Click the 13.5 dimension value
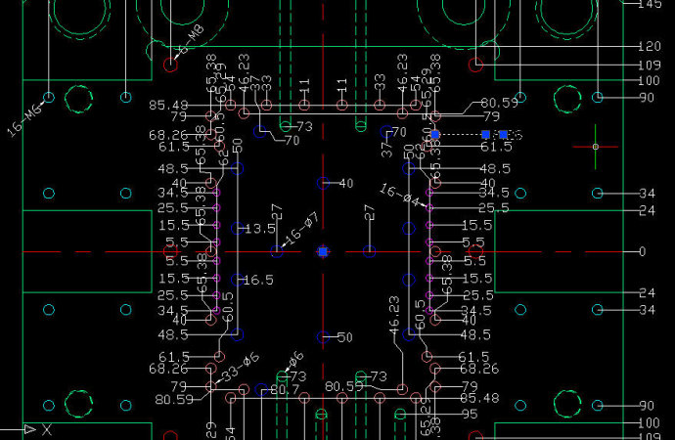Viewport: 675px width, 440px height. coord(260,229)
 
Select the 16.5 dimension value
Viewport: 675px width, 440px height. coord(259,280)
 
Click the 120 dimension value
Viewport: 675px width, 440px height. coord(649,47)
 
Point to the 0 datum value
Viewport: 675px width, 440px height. coord(642,252)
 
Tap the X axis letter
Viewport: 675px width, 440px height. coord(46,429)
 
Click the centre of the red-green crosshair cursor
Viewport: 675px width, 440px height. coord(596,148)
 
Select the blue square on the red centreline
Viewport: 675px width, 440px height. coord(323,252)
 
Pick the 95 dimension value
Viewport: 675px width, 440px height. coord(471,414)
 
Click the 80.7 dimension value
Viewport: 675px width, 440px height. coord(284,391)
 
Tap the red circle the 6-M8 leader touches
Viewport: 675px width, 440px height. coord(170,65)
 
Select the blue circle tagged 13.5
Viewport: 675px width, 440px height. coord(237,229)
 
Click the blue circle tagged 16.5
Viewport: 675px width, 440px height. coord(237,280)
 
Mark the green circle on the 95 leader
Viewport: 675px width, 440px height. coord(400,414)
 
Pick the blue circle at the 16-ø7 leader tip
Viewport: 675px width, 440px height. coord(277,252)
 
